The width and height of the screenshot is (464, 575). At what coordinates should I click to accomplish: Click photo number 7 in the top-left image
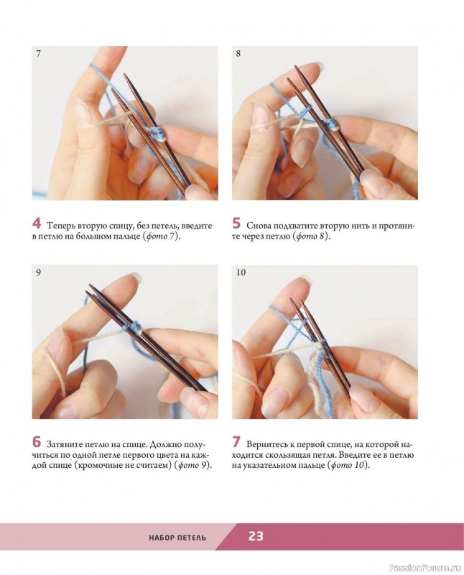click(x=39, y=53)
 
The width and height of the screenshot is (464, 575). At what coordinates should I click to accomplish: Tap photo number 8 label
click(x=238, y=53)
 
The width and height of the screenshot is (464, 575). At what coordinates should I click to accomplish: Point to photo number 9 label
click(x=39, y=272)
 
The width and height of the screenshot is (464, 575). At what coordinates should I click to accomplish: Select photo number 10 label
click(x=241, y=272)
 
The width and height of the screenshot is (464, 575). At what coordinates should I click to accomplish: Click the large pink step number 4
click(x=37, y=223)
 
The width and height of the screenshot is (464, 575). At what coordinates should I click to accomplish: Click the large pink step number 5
click(x=236, y=223)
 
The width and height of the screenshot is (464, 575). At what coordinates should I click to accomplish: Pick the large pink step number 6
click(x=37, y=442)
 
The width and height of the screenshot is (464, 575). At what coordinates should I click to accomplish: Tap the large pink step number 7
click(x=236, y=442)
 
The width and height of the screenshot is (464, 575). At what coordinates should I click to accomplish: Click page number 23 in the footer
click(x=256, y=536)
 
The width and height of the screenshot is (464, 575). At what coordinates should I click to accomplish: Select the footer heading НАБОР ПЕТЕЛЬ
click(x=177, y=538)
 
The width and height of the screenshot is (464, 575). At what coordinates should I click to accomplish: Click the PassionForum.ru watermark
click(x=424, y=568)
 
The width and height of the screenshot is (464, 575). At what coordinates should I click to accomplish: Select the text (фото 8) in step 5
click(x=312, y=236)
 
